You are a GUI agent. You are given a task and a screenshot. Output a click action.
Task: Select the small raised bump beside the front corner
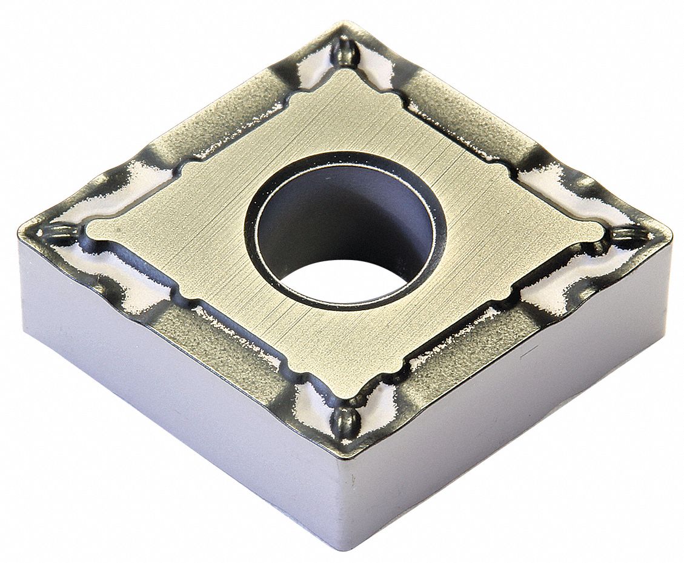(x=344, y=417)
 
